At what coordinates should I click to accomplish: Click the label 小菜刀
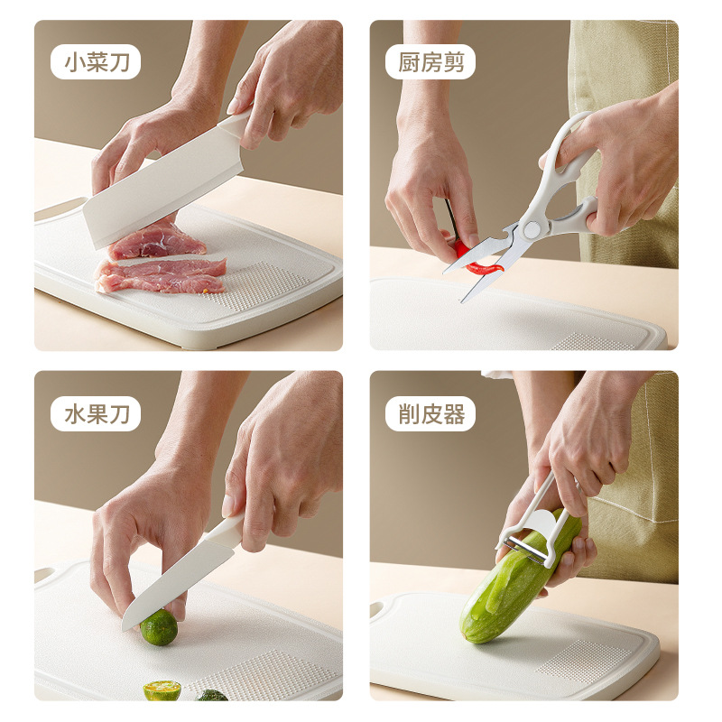point(96,61)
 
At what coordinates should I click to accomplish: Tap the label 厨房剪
point(430,61)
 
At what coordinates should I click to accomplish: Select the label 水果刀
point(96,414)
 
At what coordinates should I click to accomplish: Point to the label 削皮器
point(430,414)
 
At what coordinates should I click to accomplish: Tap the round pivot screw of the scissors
point(532,229)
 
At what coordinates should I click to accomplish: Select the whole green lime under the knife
point(159,627)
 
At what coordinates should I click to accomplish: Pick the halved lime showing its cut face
point(162,690)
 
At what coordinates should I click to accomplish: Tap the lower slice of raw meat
point(162,276)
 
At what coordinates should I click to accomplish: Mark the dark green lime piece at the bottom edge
point(213,695)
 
